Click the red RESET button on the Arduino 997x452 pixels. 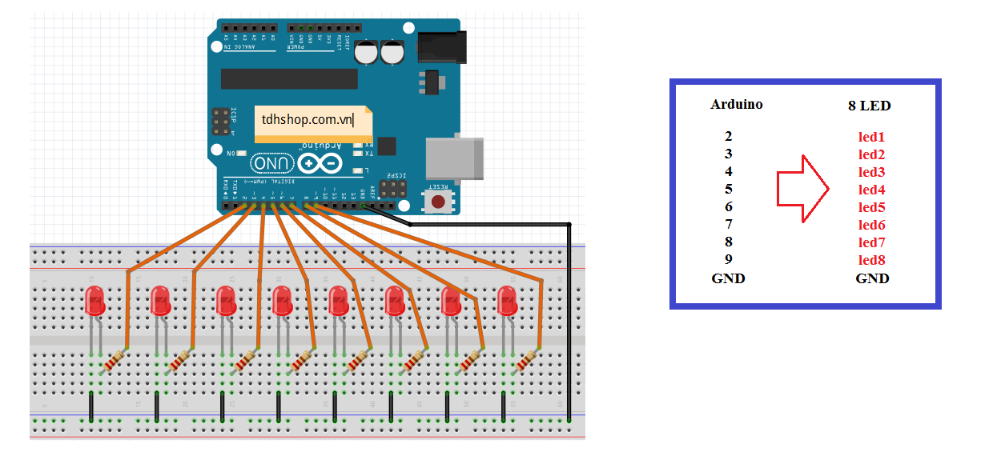click(x=438, y=202)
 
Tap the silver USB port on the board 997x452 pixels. click(x=455, y=157)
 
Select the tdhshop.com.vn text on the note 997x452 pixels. click(x=308, y=119)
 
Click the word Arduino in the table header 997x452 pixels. click(x=736, y=104)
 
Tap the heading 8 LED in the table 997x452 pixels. click(x=870, y=106)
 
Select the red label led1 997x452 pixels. click(x=871, y=137)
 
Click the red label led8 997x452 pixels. click(x=871, y=260)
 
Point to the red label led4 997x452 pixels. click(x=871, y=190)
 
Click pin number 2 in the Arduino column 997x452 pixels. click(x=728, y=137)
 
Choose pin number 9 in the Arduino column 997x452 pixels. click(x=728, y=259)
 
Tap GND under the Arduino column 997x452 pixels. click(x=728, y=278)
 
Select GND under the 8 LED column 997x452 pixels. click(x=872, y=278)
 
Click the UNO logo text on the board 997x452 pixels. click(x=272, y=164)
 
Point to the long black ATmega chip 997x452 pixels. click(x=289, y=78)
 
